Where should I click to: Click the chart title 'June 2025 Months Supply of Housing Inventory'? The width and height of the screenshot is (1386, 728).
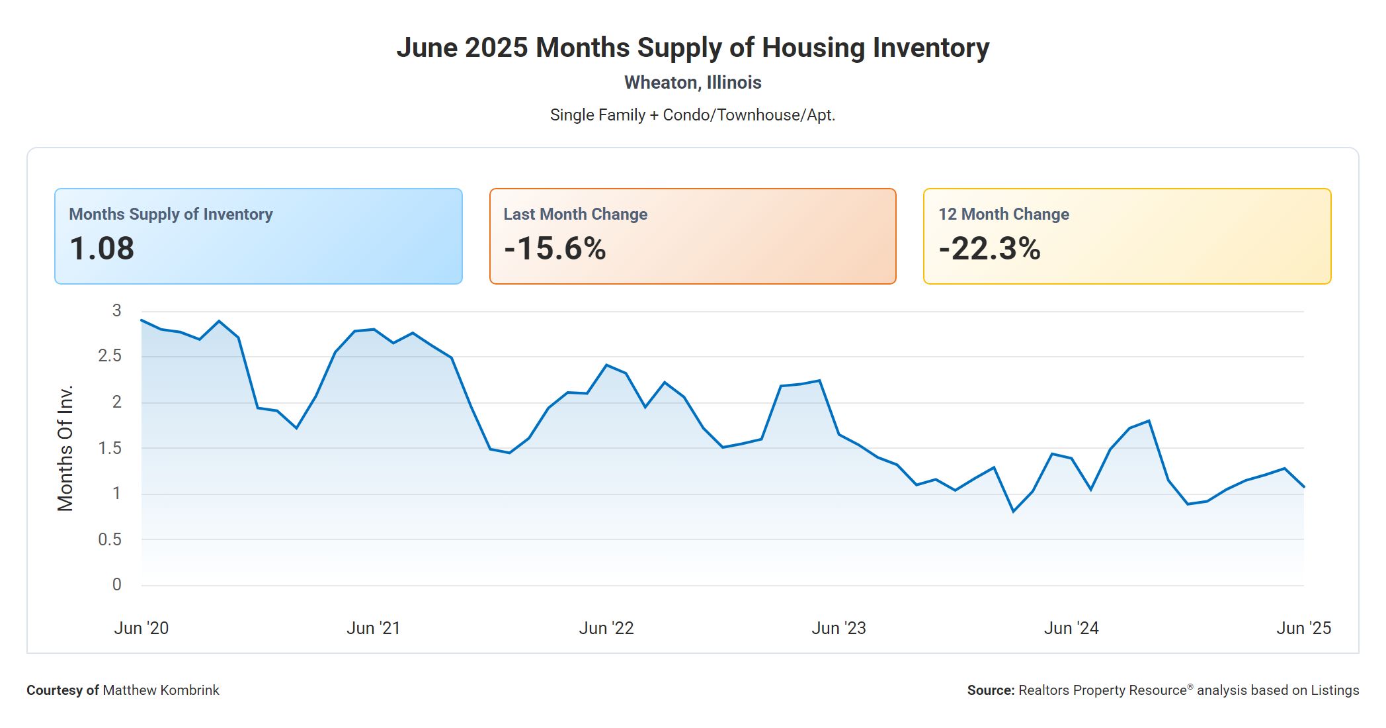pyautogui.click(x=692, y=48)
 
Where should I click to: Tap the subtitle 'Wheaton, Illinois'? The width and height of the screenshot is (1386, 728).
pyautogui.click(x=692, y=83)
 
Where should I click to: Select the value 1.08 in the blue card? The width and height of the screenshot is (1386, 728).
pyautogui.click(x=102, y=249)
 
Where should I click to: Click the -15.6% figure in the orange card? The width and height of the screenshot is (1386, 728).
pyautogui.click(x=555, y=249)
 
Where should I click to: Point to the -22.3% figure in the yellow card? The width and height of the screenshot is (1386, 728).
pyautogui.click(x=989, y=249)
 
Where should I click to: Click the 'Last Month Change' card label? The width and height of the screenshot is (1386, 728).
pyautogui.click(x=575, y=214)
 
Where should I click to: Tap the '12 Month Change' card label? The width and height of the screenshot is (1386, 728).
pyautogui.click(x=1003, y=214)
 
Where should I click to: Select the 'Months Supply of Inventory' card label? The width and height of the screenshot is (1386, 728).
pyautogui.click(x=171, y=214)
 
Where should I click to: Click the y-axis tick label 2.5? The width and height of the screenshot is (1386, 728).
pyautogui.click(x=110, y=356)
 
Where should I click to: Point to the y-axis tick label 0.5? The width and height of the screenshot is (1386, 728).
pyautogui.click(x=110, y=539)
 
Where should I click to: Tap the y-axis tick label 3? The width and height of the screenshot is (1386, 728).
pyautogui.click(x=117, y=310)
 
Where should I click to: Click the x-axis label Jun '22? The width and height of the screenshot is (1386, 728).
pyautogui.click(x=606, y=628)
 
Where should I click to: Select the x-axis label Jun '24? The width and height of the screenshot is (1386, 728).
pyautogui.click(x=1071, y=628)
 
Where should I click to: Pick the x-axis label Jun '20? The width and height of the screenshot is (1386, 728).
pyautogui.click(x=142, y=628)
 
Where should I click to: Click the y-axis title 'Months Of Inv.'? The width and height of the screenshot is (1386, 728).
pyautogui.click(x=65, y=448)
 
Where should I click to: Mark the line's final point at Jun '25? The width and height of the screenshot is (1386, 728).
pyautogui.click(x=1303, y=487)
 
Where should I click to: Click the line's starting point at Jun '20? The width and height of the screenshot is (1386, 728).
pyautogui.click(x=142, y=320)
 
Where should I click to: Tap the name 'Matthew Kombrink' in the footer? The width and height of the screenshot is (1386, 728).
pyautogui.click(x=161, y=690)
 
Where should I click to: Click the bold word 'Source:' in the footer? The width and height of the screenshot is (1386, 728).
pyautogui.click(x=991, y=690)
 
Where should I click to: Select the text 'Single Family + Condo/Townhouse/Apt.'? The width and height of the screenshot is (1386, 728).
pyautogui.click(x=692, y=115)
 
